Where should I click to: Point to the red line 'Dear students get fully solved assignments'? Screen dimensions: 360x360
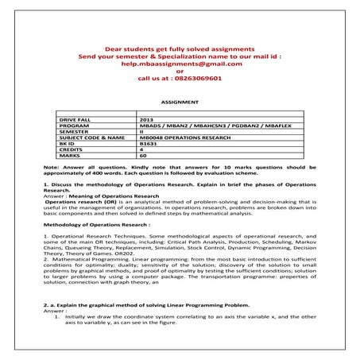click(x=179, y=48)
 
